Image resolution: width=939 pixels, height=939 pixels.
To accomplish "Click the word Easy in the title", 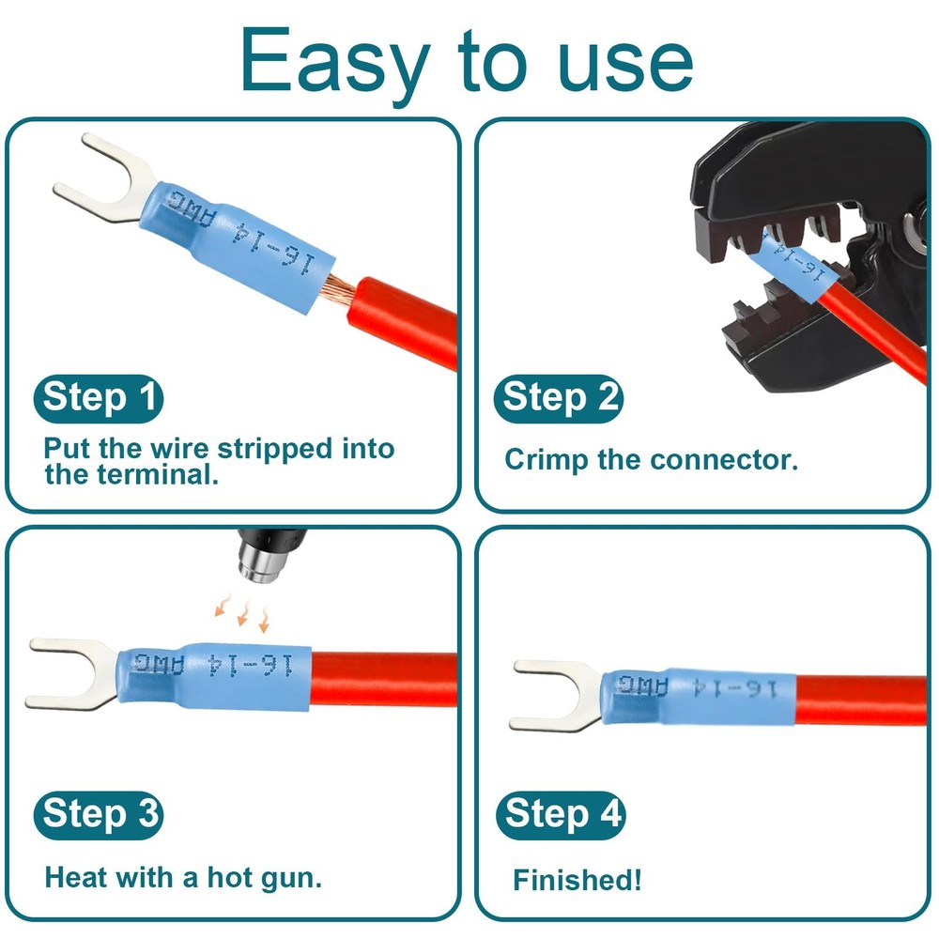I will tap(333, 61).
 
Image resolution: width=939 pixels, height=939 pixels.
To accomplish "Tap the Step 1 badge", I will tap(99, 398).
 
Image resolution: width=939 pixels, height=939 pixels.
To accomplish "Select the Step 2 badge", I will tap(559, 397).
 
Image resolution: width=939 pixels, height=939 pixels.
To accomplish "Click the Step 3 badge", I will tap(99, 813).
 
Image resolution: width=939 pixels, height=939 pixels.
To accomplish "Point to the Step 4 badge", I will tap(560, 813).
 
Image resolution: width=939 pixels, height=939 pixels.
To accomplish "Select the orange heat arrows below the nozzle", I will tap(242, 612).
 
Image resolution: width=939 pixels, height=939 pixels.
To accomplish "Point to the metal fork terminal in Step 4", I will tap(554, 695).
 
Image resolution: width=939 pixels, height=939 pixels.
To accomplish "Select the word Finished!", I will tap(577, 880).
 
